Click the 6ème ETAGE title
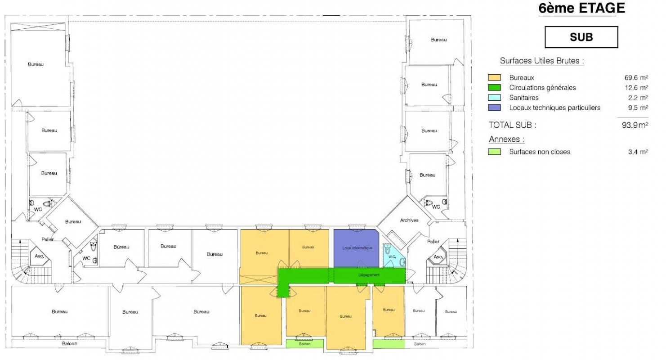point(581,8)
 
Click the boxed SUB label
point(581,37)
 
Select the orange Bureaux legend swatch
point(494,77)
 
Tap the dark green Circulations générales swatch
point(494,87)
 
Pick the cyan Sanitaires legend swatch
point(494,98)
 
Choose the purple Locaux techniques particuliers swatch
point(494,108)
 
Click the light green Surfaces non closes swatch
point(494,152)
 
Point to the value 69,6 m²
point(636,78)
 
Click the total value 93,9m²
point(635,125)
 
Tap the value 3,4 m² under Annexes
point(638,152)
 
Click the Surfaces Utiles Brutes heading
point(542,61)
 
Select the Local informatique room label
point(357,248)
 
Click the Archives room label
point(409,220)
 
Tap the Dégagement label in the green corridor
point(369,275)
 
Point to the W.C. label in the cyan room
point(392,257)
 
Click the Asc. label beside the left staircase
point(39,256)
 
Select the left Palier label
point(48,239)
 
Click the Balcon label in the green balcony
point(304,344)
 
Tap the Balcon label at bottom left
point(70,343)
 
